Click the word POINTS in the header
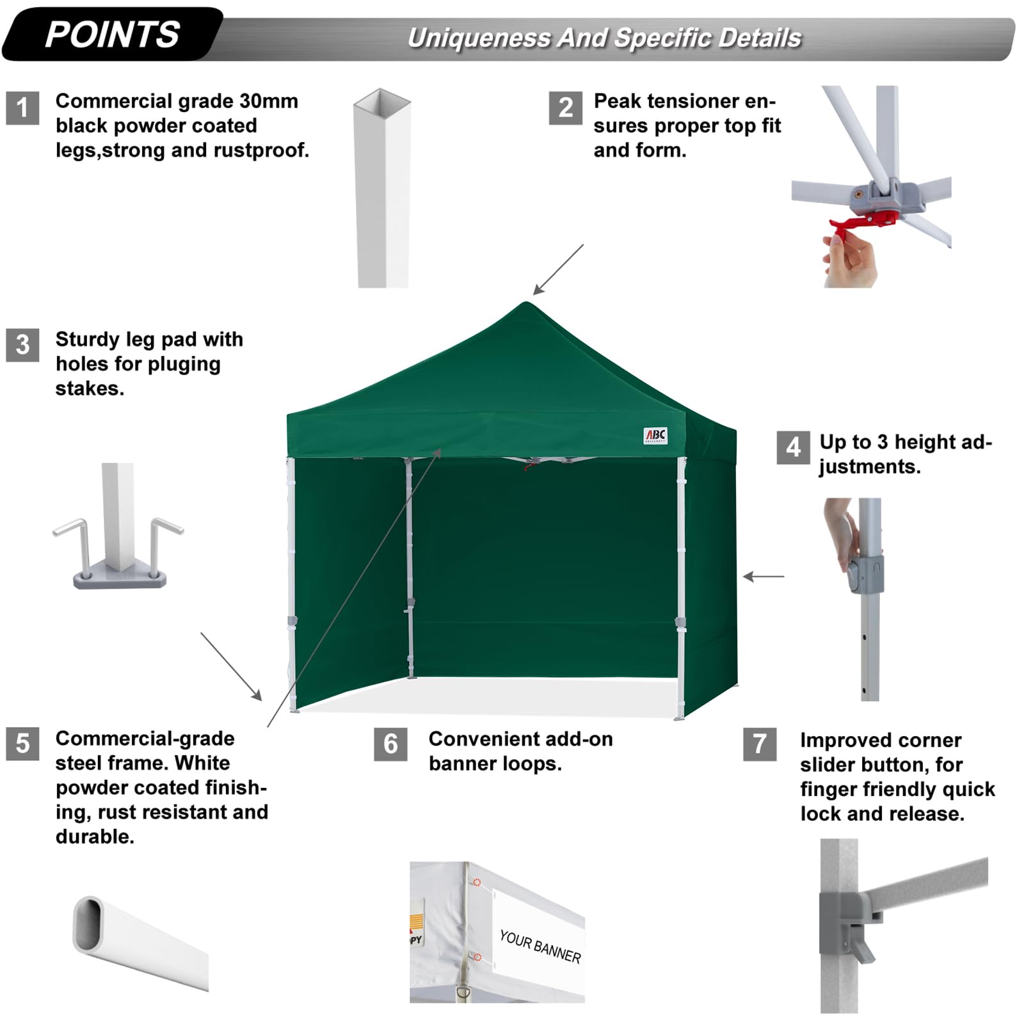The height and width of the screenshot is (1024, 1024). coord(113,35)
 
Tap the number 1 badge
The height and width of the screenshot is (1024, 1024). coord(22,108)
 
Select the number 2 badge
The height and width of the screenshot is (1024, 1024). coord(565,108)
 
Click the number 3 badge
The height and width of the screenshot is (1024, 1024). coord(22,345)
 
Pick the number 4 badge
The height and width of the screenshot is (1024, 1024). coord(793,447)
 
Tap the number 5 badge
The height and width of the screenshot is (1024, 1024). coord(22,744)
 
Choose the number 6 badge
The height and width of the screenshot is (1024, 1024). coord(390,744)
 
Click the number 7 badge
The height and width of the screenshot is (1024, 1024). coord(759,744)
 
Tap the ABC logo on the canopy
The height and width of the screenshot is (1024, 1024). coord(655,436)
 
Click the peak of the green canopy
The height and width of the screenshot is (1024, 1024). coord(526,305)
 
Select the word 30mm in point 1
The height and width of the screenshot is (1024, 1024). coord(269,101)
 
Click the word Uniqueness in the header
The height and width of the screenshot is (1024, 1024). coord(479,38)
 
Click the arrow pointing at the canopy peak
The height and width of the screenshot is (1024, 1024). coord(558,269)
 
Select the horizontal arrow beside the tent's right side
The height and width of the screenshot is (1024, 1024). coord(764,577)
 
